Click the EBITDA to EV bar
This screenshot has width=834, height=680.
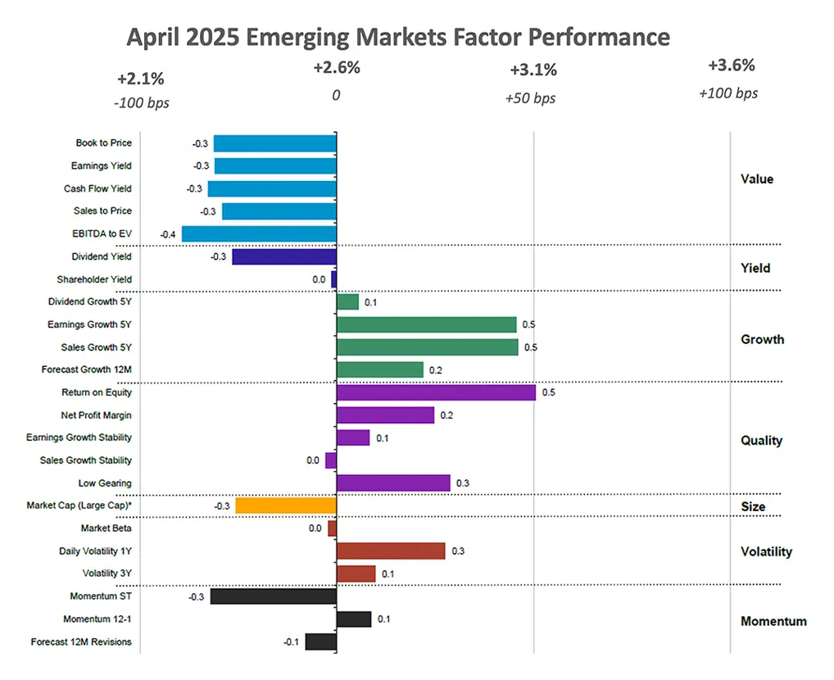259,234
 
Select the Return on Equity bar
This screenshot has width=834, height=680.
436,392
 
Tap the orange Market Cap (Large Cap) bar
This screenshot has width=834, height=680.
286,505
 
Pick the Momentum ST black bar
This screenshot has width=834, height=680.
274,596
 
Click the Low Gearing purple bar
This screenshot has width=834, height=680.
393,483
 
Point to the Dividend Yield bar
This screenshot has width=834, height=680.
284,256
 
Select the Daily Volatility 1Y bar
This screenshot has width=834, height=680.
391,551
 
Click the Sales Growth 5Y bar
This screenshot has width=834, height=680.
427,347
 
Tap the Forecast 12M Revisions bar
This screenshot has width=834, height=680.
320,641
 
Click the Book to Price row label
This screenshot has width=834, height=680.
103,143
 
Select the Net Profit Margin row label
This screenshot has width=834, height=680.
96,415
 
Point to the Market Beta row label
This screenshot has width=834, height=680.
106,528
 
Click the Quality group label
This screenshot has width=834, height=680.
761,441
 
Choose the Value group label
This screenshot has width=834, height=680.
756,179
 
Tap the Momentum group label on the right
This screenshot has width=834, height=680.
773,621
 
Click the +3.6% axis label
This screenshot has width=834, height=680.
731,66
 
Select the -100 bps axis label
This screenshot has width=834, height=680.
142,102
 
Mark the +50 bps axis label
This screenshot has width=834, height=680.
530,98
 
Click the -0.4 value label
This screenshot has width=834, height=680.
167,234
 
